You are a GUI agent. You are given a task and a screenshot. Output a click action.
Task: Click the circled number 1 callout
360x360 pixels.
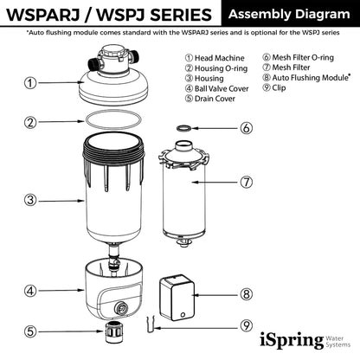click(30, 83)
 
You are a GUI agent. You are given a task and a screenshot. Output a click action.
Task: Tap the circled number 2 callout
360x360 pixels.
click(30, 122)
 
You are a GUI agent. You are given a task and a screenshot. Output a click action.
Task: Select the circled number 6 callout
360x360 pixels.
click(247, 128)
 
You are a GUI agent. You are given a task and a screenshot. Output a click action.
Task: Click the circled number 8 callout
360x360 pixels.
click(247, 294)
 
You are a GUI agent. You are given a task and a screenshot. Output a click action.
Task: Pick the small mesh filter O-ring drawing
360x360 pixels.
click(183, 128)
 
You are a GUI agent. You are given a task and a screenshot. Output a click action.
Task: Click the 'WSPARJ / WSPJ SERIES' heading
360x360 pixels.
click(108, 15)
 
